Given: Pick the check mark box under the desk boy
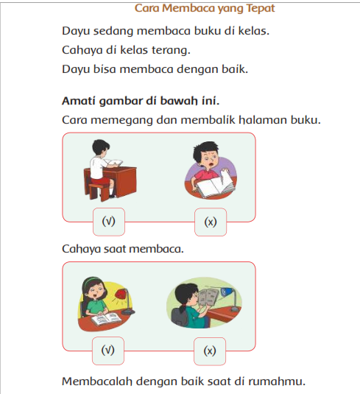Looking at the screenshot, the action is click(109, 222).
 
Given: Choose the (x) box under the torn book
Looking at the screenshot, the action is click(211, 222).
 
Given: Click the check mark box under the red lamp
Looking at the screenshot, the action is click(108, 351).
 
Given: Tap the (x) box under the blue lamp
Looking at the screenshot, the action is click(210, 351).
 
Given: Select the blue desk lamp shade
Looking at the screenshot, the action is click(227, 292).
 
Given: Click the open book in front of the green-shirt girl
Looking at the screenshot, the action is click(106, 319).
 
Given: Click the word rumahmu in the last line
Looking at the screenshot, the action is click(277, 381).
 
